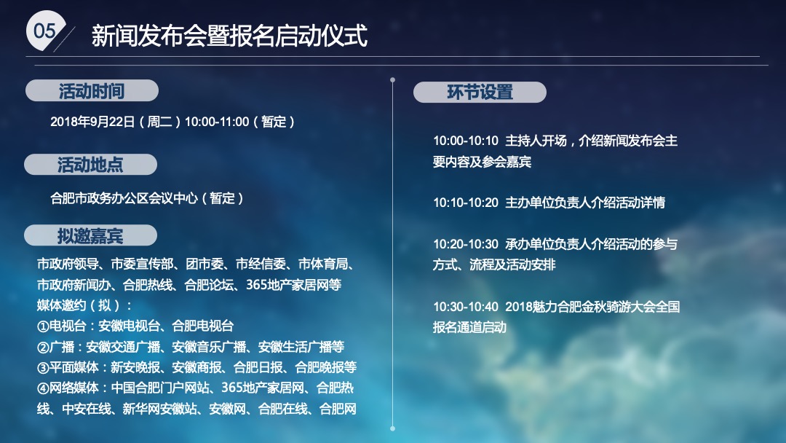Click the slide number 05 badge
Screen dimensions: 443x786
(44, 31)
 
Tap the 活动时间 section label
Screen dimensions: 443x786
(92, 91)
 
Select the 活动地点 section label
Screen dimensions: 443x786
(90, 165)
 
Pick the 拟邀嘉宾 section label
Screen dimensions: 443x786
(90, 236)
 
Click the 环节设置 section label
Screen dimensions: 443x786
(480, 93)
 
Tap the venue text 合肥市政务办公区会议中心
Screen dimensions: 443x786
(124, 198)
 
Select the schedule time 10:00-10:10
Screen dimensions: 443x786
(466, 141)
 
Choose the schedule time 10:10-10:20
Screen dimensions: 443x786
(466, 203)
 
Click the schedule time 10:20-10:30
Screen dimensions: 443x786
(466, 245)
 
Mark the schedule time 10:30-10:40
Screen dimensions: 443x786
(466, 307)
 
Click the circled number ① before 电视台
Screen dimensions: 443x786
(43, 326)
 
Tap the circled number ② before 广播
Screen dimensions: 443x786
(43, 347)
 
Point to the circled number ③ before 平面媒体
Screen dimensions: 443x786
(43, 367)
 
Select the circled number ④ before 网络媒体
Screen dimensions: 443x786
(43, 388)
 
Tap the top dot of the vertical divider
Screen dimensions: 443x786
(392, 80)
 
